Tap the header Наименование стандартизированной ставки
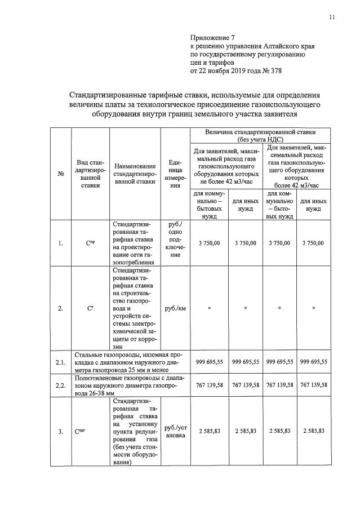point(135,174)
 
